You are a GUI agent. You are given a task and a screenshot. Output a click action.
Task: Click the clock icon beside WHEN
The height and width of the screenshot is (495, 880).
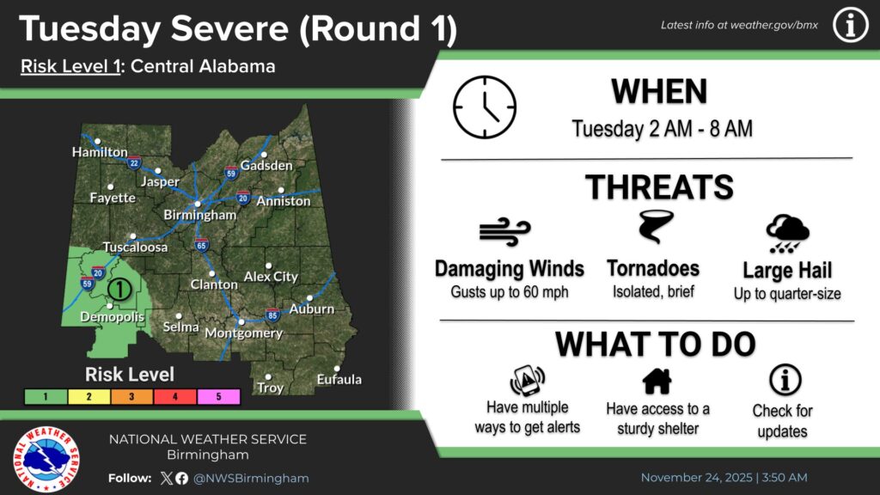(485, 107)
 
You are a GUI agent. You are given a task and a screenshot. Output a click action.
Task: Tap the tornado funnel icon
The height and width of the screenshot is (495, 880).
(655, 226)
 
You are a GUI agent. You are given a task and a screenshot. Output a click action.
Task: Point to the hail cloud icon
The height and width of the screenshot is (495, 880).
(787, 234)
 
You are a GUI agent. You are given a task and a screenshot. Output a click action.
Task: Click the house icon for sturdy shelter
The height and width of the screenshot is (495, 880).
(657, 381)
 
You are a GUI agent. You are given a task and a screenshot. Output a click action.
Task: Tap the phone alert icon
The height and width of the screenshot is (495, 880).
(527, 381)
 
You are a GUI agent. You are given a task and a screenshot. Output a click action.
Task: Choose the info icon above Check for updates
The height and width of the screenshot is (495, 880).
(785, 380)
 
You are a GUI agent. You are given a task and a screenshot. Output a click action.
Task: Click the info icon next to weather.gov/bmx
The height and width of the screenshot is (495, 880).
(850, 25)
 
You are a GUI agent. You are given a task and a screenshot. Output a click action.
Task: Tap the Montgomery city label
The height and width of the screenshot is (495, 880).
(243, 333)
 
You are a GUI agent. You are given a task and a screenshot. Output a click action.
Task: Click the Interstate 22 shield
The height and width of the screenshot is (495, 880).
(133, 162)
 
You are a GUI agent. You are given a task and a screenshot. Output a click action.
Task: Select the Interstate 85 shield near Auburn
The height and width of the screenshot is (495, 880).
(272, 315)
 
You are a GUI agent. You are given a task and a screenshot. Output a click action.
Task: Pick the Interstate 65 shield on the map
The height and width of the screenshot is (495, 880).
(201, 245)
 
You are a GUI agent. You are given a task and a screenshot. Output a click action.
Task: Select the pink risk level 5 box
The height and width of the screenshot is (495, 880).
(218, 397)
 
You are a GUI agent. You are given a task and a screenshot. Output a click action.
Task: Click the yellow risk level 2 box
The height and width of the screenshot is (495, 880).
(89, 397)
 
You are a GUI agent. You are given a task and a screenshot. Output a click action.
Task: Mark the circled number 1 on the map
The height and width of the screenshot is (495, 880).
(119, 289)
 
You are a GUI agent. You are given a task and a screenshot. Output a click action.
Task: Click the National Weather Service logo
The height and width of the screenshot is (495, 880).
(46, 459)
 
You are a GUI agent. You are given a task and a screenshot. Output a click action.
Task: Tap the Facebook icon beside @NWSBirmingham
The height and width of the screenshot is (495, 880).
(181, 478)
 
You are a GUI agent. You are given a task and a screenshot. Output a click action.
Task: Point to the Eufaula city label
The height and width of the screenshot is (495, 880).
(339, 379)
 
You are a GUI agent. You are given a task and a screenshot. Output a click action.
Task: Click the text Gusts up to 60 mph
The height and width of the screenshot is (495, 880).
(510, 292)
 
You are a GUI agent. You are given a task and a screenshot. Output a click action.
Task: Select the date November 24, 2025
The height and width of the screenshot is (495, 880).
(696, 478)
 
